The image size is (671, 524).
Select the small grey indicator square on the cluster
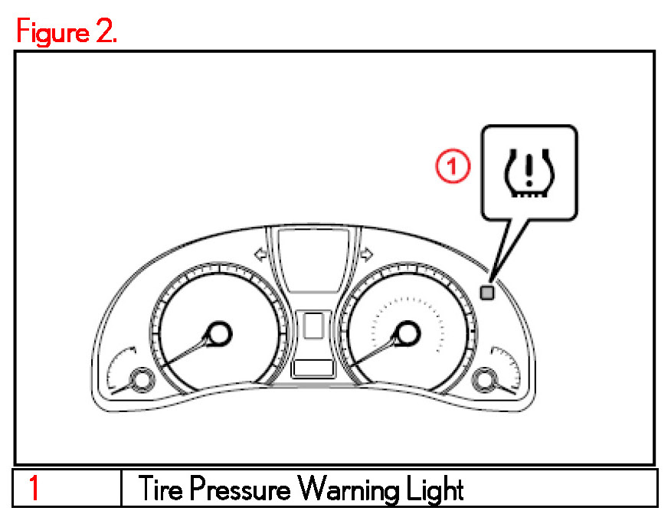point(486,292)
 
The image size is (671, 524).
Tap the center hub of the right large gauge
point(407,333)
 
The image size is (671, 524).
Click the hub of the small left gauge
point(139,379)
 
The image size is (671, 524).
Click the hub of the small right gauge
point(485,379)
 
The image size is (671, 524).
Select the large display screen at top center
point(313,260)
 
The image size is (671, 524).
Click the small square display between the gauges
point(313,326)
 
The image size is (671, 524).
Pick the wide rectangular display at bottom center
point(313,368)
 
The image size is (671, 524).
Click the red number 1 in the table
point(34,488)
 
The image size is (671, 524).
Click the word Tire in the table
point(159,488)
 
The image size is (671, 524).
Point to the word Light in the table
point(434,488)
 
